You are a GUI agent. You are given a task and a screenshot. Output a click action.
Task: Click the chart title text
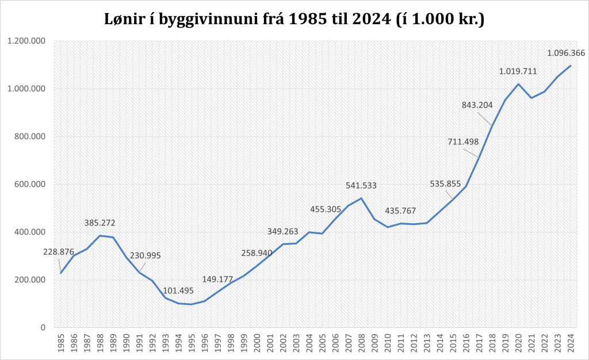294,19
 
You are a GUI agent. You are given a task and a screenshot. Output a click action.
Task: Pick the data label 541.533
364,186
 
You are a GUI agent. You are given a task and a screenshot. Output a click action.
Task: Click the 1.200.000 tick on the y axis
26,41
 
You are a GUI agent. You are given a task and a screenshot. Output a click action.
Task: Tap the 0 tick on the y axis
43,328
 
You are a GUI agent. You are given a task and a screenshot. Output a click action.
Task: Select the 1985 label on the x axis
60,343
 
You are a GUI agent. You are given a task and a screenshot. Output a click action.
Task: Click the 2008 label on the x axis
361,343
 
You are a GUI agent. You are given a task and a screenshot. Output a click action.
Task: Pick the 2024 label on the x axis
571,343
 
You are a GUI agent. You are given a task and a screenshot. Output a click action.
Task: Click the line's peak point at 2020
518,84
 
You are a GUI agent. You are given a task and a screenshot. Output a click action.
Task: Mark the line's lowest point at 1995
191,304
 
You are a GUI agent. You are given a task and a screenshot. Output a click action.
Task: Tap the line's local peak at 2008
361,198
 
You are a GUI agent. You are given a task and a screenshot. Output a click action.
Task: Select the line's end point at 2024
571,66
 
